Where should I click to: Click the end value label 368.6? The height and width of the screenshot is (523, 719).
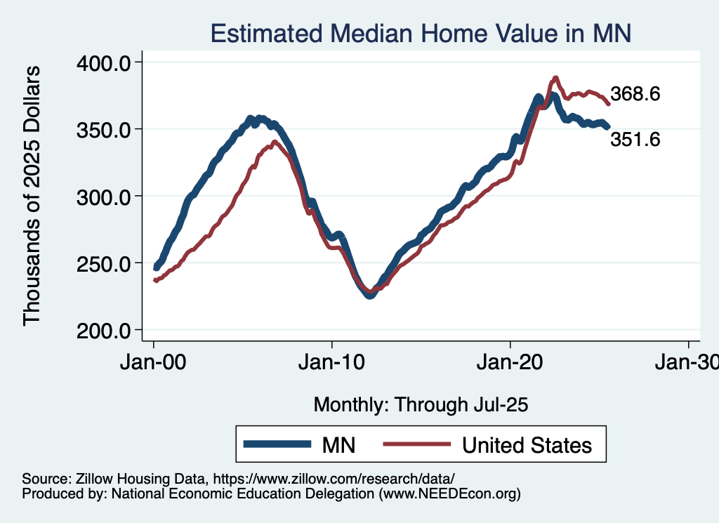635,94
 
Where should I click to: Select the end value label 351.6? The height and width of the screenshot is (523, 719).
635,140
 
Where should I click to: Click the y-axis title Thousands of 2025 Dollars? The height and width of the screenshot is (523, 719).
32,196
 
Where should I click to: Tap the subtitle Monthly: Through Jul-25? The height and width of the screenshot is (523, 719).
421,405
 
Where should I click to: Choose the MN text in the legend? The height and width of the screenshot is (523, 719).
338,445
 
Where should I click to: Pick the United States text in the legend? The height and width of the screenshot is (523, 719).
527,445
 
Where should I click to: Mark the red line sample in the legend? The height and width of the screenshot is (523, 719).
416,444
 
